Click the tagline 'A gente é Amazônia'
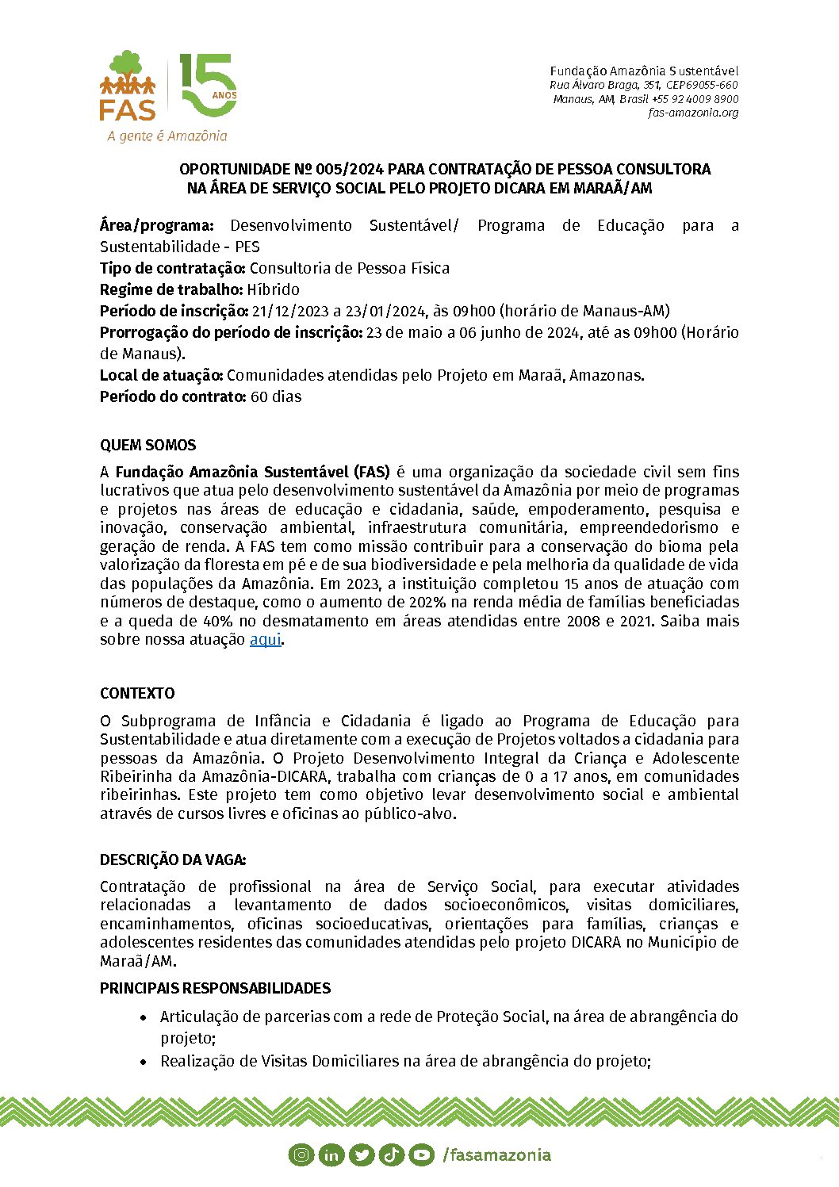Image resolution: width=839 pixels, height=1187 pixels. [167, 136]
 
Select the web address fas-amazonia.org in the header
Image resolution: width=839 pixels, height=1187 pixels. [693, 113]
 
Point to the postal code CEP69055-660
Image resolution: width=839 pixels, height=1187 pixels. [702, 85]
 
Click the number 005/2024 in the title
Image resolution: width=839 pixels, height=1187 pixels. [350, 169]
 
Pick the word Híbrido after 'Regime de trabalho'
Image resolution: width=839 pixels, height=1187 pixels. [273, 289]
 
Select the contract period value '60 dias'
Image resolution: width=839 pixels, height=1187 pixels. [276, 396]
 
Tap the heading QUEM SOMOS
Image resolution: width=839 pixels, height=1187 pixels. [148, 445]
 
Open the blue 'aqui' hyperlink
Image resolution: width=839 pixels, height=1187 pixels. [266, 639]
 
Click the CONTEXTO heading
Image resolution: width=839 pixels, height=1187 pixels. [137, 693]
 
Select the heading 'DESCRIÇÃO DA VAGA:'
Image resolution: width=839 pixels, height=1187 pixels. [173, 860]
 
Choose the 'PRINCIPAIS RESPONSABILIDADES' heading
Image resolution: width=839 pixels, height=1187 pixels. [215, 988]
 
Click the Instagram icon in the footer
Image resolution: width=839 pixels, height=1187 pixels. [301, 1154]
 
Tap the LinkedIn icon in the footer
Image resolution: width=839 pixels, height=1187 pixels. [331, 1154]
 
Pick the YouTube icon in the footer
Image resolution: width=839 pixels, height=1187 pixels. [421, 1154]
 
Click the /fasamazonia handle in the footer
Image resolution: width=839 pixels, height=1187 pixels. [497, 1154]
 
